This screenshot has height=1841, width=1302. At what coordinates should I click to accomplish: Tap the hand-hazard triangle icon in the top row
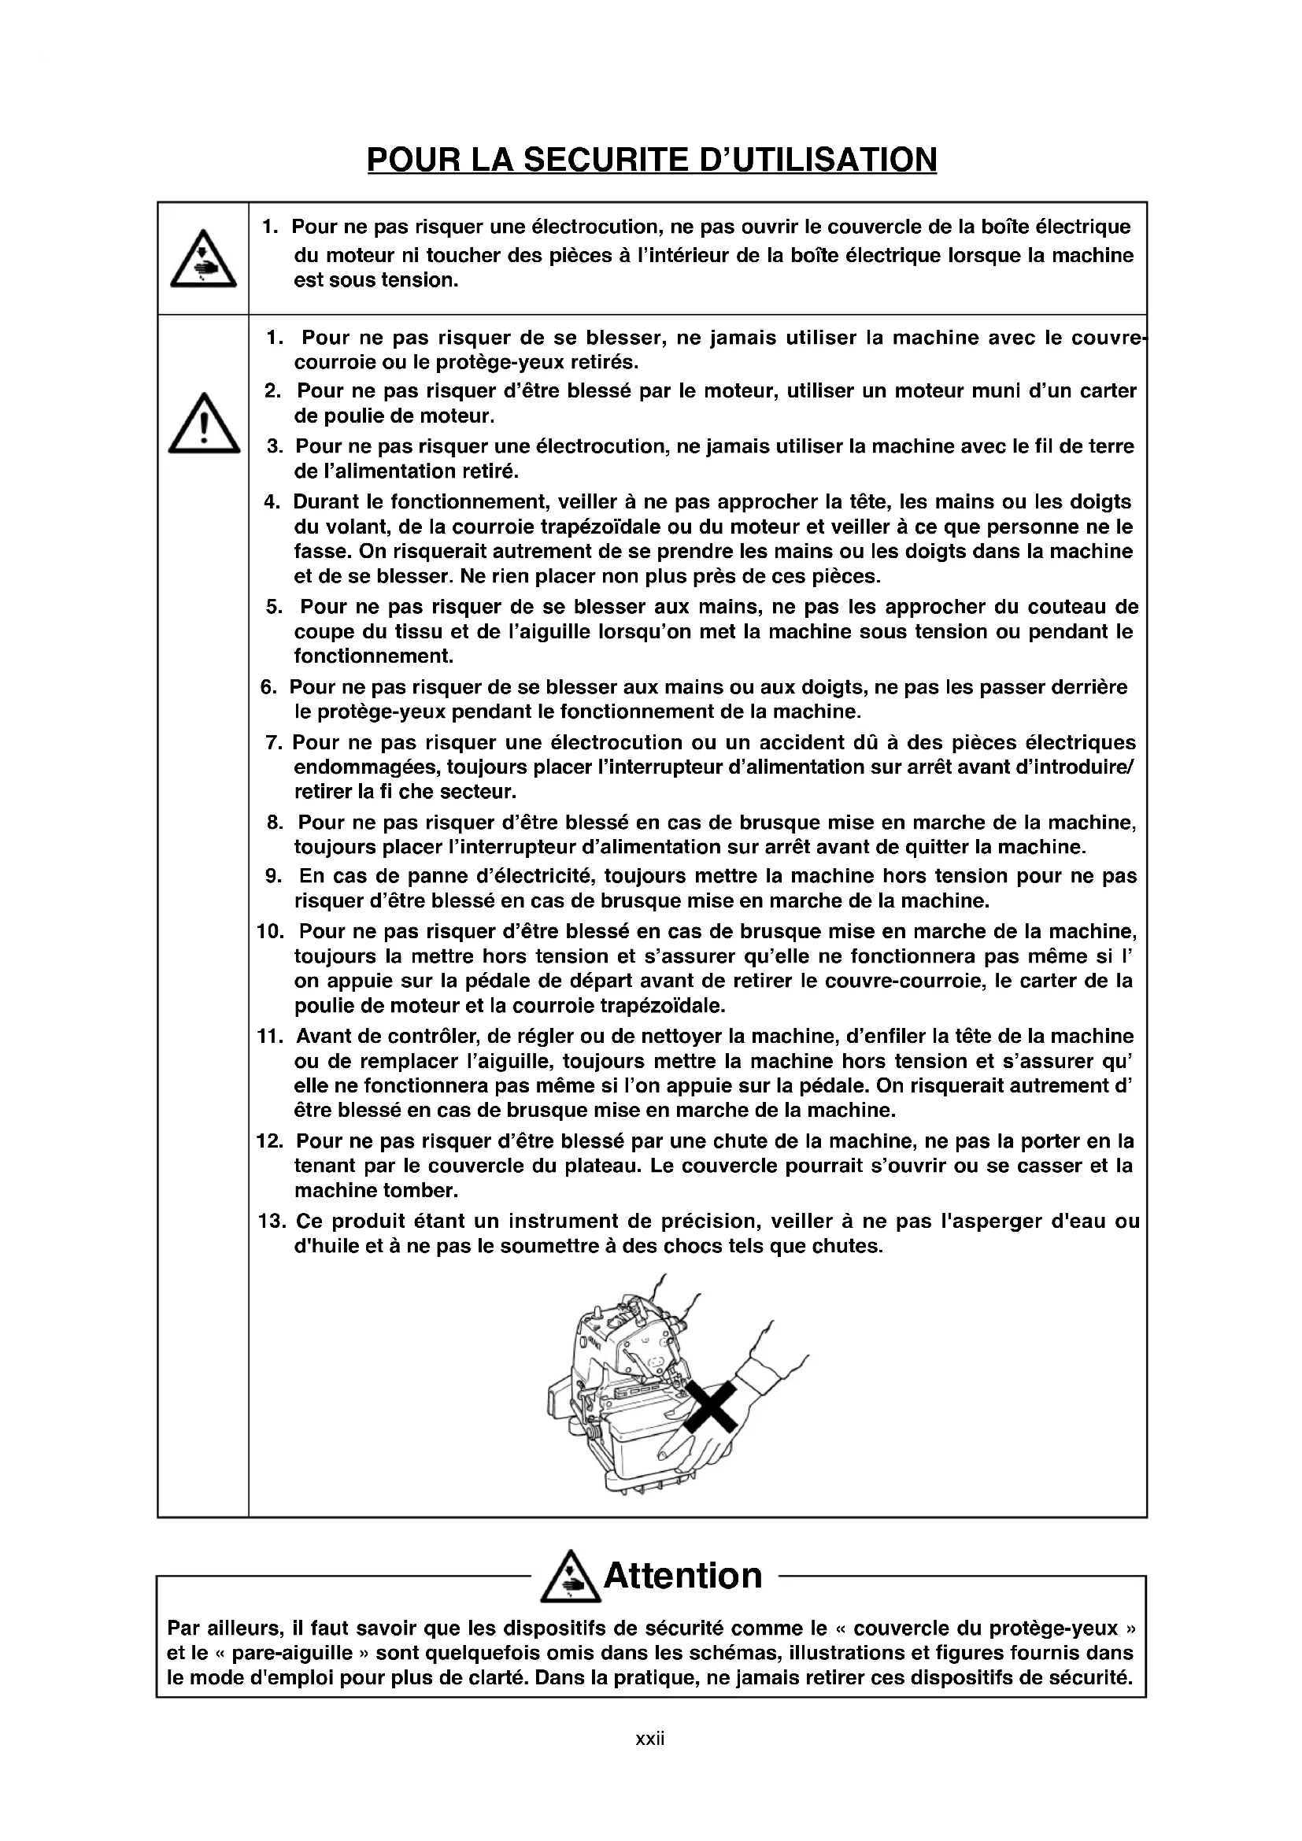pyautogui.click(x=203, y=260)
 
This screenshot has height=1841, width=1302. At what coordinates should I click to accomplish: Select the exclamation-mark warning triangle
pyautogui.click(x=204, y=425)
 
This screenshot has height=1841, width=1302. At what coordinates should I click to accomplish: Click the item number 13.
pyautogui.click(x=272, y=1222)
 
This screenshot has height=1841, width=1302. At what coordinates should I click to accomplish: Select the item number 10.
pyautogui.click(x=271, y=931)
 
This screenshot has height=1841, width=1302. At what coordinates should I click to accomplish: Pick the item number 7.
pyautogui.click(x=274, y=742)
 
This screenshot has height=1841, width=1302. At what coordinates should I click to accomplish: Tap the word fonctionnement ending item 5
pyautogui.click(x=374, y=656)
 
